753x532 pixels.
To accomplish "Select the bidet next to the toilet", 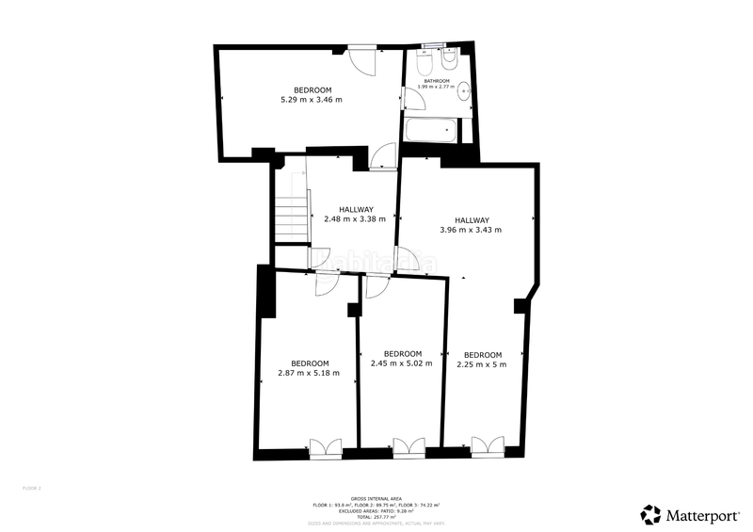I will pos(448,61).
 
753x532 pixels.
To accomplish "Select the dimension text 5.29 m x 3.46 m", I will pos(311,99).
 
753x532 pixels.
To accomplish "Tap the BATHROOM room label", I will pos(437,81).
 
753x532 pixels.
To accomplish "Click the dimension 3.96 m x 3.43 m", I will pos(471,230).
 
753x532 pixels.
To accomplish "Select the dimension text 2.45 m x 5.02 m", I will pos(402,363).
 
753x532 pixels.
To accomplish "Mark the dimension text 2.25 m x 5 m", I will pos(481,364).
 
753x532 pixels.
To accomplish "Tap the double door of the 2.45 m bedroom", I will pos(409,447).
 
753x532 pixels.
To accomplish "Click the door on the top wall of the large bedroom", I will pos(362,58).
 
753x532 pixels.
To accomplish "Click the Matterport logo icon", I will pos(650,515).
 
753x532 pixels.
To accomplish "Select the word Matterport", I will pos(700,515).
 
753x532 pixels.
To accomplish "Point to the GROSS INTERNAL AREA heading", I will pos(376,498).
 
